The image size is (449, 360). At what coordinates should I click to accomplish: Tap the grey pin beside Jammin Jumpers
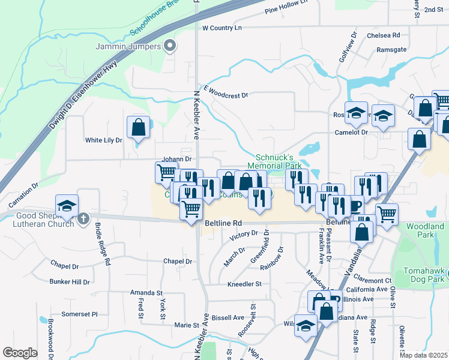pos(170,46)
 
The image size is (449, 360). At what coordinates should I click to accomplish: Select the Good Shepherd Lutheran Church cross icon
pos(83,219)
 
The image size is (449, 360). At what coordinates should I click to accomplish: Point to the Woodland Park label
pos(425,230)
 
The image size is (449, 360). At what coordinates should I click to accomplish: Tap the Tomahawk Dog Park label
pos(427,271)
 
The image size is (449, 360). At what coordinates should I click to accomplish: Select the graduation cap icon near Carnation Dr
pos(67,205)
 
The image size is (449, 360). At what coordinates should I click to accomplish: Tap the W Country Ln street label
pos(221,28)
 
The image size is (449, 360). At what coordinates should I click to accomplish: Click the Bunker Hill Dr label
pos(70,281)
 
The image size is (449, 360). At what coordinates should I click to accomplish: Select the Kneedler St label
pos(244,284)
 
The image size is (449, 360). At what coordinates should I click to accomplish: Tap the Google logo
pos(20,353)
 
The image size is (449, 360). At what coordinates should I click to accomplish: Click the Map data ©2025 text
pos(424,355)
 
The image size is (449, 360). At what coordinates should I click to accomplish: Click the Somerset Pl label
pos(80,314)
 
